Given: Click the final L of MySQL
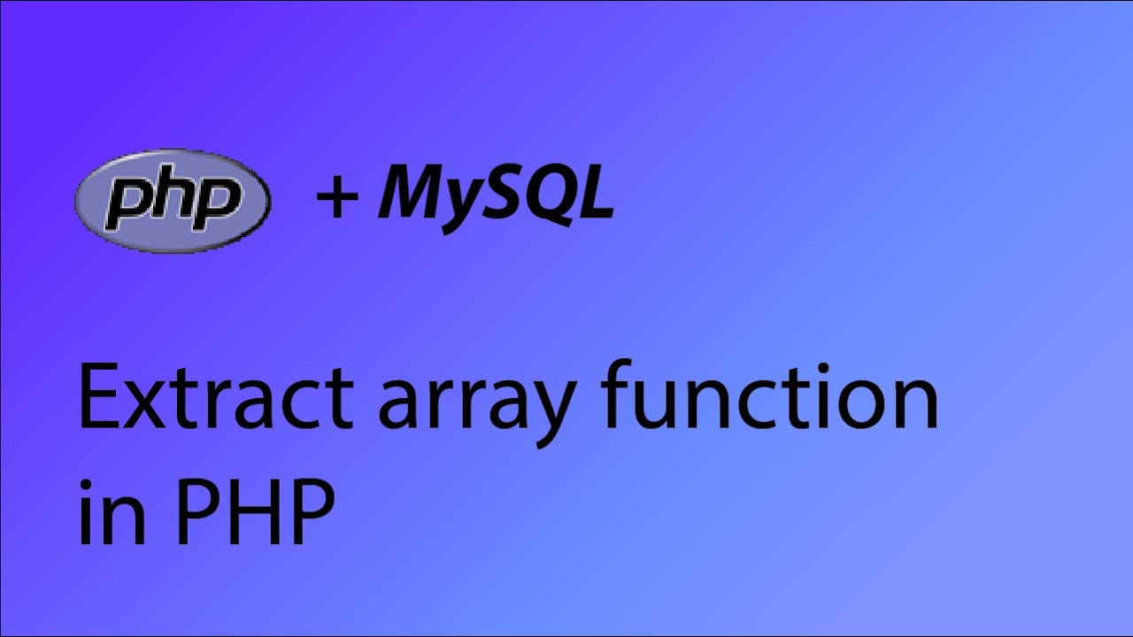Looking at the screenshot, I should click(596, 195).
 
